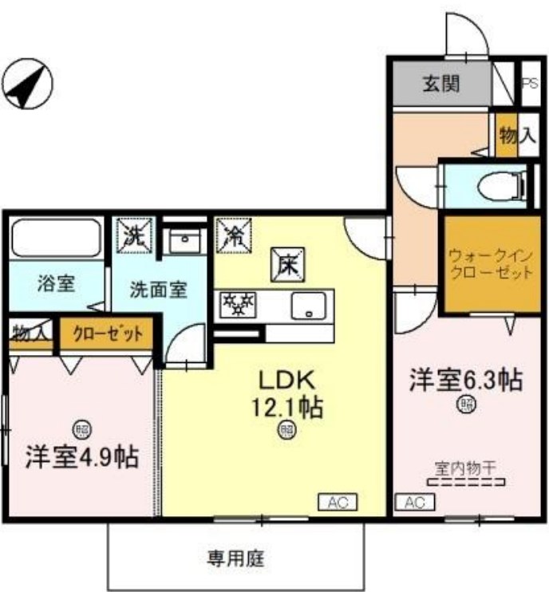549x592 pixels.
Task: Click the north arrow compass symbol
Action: click(x=25, y=82)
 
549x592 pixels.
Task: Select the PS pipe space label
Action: click(x=529, y=82)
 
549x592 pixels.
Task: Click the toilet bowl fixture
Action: click(x=498, y=186)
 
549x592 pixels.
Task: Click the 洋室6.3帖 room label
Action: click(x=466, y=381)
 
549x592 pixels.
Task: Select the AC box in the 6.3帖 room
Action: click(x=414, y=503)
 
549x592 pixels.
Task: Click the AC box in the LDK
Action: click(x=338, y=502)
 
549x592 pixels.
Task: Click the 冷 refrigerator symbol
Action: click(x=233, y=235)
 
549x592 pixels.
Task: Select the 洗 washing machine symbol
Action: click(x=133, y=235)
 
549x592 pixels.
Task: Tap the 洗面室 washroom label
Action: click(x=159, y=288)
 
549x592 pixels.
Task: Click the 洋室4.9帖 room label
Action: click(x=81, y=458)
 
